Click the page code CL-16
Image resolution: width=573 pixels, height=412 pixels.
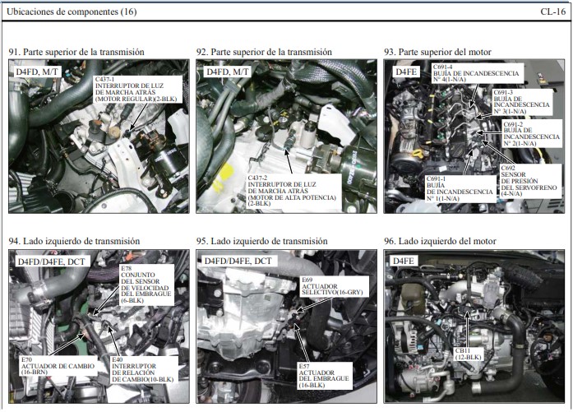553,12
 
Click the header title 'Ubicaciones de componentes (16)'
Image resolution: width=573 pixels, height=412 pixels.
72,12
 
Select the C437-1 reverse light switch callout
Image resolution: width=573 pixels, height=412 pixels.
138,89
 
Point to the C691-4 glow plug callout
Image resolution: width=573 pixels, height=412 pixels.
477,72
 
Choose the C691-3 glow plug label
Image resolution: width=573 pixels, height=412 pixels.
522,102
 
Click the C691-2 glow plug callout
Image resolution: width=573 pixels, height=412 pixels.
532,133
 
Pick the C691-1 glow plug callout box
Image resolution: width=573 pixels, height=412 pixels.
460,188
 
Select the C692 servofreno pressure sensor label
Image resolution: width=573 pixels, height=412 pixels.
529,181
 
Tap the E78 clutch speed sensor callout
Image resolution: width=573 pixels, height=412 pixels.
146,285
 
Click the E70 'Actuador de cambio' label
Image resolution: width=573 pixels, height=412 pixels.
58,366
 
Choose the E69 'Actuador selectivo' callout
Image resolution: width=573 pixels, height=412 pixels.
332,286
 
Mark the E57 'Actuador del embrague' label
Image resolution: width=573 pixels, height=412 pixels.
325,376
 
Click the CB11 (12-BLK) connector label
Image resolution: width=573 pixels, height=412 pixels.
468,354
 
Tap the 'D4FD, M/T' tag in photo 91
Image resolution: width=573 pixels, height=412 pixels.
36,72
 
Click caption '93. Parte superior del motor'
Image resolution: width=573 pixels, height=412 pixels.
437,52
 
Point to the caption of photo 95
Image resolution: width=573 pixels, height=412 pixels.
261,241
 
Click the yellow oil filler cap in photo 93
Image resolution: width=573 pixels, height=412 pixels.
418,154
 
